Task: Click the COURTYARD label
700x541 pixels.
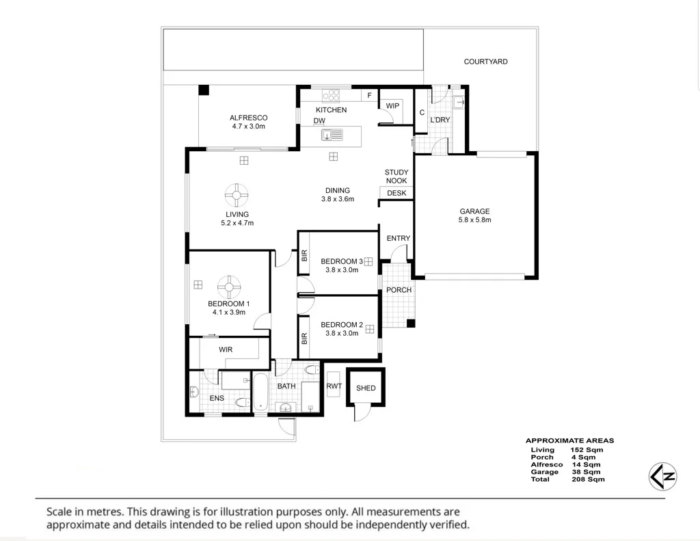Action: (x=485, y=62)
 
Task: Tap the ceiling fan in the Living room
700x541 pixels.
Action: (x=236, y=195)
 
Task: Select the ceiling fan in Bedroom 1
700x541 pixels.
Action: (x=229, y=287)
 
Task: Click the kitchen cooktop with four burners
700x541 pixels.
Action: (x=331, y=95)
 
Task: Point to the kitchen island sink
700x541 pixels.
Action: (x=332, y=135)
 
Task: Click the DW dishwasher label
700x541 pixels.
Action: (x=319, y=120)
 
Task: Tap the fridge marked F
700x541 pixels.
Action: (x=369, y=95)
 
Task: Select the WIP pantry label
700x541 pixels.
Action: (x=392, y=106)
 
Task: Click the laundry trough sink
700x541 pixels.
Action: (x=459, y=103)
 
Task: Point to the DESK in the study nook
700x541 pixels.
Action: (x=396, y=193)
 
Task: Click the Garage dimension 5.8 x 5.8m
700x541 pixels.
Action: (x=474, y=220)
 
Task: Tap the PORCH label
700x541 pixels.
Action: (x=399, y=290)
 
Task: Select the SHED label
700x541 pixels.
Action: (x=366, y=388)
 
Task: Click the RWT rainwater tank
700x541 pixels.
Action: (x=334, y=384)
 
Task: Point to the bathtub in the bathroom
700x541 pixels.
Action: (x=260, y=392)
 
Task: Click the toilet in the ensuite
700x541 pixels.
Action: (x=243, y=402)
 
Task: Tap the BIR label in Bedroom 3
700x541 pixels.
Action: (x=304, y=256)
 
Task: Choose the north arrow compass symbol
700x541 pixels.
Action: (x=663, y=476)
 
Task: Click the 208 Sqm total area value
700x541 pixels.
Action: (x=588, y=479)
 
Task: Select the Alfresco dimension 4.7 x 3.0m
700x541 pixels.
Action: (x=248, y=127)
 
